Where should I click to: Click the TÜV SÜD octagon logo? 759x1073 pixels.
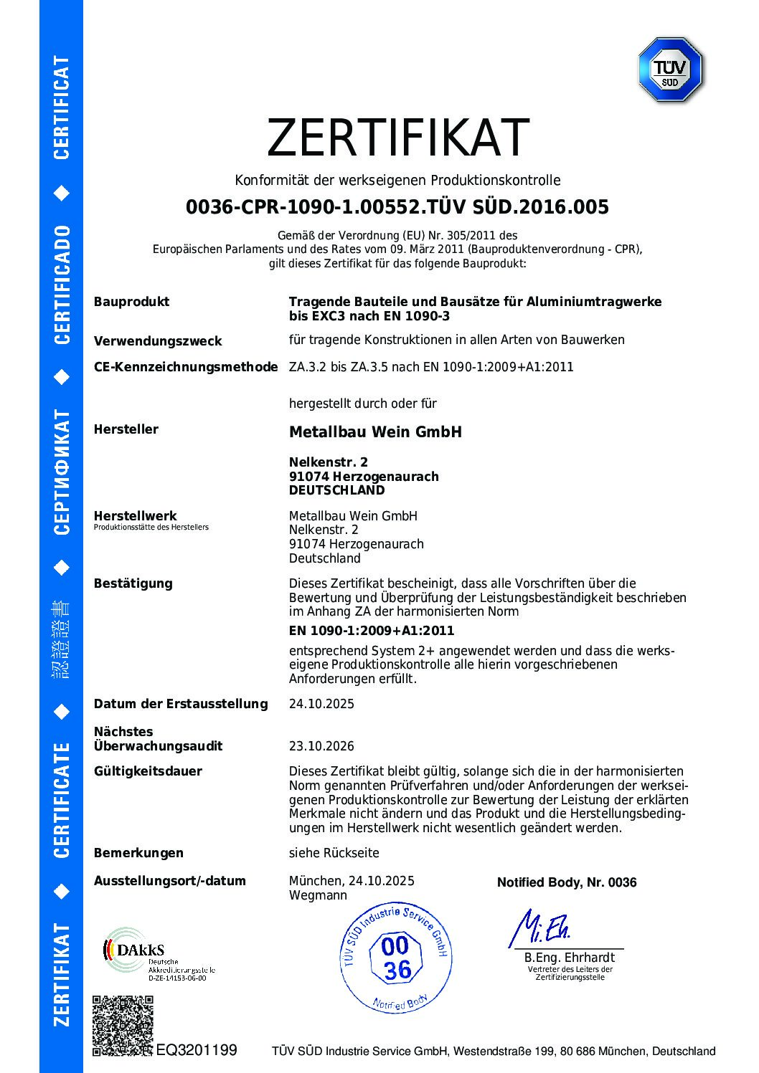pos(670,70)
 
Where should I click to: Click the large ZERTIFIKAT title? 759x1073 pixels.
pos(398,138)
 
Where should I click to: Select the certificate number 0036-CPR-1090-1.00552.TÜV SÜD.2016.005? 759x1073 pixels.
pos(397,207)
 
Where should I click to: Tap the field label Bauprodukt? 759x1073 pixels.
pos(131,302)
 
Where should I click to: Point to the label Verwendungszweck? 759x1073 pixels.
pos(157,341)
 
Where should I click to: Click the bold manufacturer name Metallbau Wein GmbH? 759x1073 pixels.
pos(375,431)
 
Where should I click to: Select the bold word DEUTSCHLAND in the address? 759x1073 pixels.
pos(336,490)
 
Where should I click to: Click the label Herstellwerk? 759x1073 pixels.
pos(135,515)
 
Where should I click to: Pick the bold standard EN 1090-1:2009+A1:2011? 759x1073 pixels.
pos(371,631)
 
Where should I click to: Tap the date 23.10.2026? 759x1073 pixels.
pos(321,746)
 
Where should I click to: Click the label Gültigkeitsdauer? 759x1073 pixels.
pos(148,771)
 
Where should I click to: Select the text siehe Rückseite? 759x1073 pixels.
pos(334,853)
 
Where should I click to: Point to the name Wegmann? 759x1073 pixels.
pos(318,895)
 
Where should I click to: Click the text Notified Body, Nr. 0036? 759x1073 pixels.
pos(567,882)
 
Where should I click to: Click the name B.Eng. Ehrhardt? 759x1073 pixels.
pos(569,958)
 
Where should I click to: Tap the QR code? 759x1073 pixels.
pos(123,1026)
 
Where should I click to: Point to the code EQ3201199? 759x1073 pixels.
pos(196,1050)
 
